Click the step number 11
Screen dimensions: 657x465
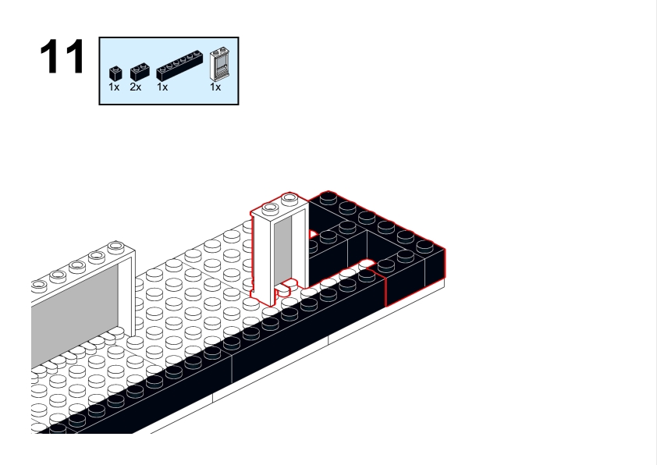tap(62, 56)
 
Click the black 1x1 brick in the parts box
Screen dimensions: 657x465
tap(115, 73)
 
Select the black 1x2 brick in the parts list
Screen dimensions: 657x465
tap(140, 73)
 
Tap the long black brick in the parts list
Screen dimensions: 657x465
tap(179, 66)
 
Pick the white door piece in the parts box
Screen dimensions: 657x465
tap(219, 64)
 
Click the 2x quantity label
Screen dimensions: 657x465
tap(135, 87)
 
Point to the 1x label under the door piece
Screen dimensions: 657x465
tap(215, 87)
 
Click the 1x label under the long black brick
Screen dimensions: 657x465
tap(162, 87)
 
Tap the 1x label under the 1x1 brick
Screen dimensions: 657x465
tap(114, 87)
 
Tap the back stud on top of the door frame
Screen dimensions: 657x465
tap(289, 198)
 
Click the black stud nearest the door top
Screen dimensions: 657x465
tap(328, 197)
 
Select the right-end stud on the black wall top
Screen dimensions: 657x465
tap(424, 246)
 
